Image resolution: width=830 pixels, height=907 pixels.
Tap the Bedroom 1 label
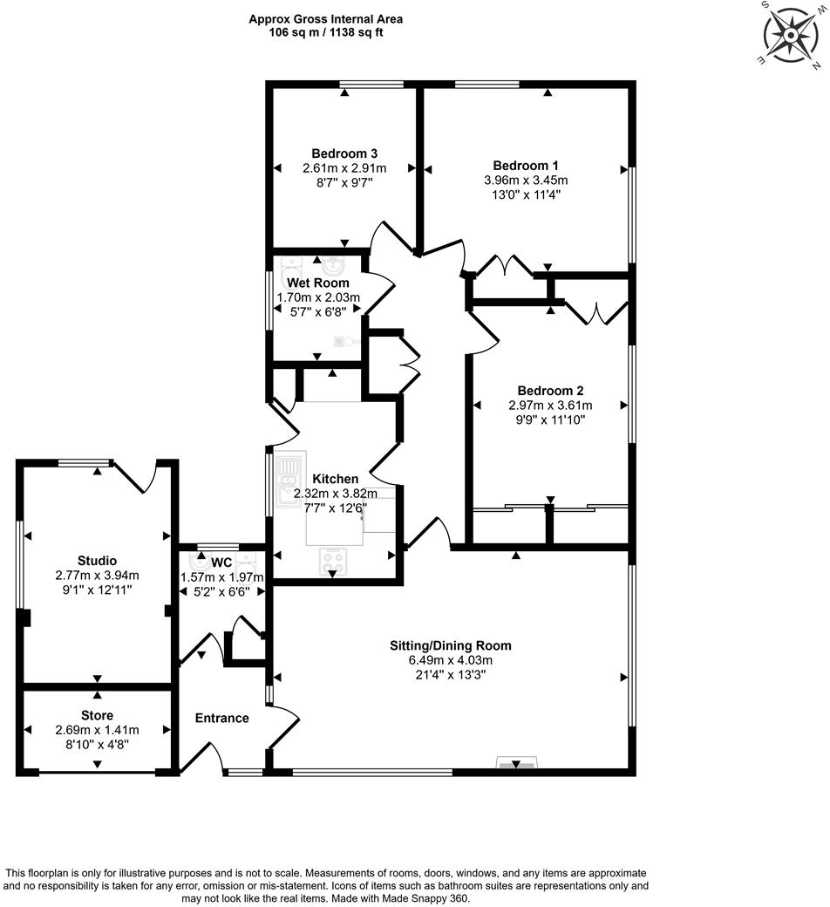pos(525,166)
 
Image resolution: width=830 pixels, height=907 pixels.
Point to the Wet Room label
pos(318,283)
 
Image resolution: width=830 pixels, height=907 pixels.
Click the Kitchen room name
pos(336,479)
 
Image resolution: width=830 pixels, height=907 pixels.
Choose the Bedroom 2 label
pos(550,391)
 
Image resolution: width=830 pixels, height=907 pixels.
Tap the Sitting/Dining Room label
pos(450,645)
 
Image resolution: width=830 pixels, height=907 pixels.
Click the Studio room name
pos(97,561)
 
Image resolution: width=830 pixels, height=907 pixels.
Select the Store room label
pos(97,715)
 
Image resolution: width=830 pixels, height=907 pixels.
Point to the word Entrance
pos(221,718)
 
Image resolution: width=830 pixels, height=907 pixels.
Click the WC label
pos(221,563)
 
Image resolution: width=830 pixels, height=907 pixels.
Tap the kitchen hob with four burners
pos(332,560)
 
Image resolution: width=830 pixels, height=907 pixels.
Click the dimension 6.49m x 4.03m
pos(450,660)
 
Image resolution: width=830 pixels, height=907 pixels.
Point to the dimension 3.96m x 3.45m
pos(525,181)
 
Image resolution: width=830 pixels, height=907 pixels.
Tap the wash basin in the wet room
pos(332,264)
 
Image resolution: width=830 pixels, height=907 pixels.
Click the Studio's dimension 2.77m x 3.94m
pos(97,576)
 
